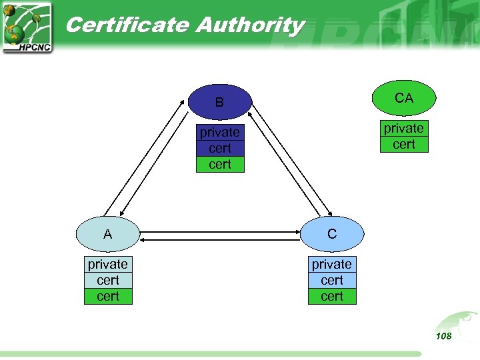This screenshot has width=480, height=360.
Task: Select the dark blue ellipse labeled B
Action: click(220, 103)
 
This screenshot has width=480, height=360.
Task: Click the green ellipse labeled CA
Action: click(404, 99)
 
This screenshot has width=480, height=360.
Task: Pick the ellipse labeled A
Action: click(107, 235)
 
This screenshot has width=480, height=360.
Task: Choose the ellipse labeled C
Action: click(332, 235)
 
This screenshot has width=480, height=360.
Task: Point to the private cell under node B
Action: click(220, 132)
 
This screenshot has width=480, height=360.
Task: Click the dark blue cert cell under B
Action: click(220, 148)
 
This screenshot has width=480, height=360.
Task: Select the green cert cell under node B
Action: click(220, 164)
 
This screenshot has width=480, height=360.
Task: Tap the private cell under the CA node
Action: click(404, 128)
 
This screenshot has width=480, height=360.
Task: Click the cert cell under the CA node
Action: click(404, 144)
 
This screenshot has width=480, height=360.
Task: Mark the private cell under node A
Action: click(108, 264)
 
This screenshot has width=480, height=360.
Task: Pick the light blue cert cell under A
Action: click(108, 280)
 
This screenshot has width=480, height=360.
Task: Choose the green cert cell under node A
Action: click(108, 296)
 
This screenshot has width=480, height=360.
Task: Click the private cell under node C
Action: click(332, 264)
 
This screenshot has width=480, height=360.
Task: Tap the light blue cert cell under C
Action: click(332, 280)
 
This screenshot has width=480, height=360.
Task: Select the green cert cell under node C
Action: click(332, 296)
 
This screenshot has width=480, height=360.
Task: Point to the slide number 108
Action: click(443, 336)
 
